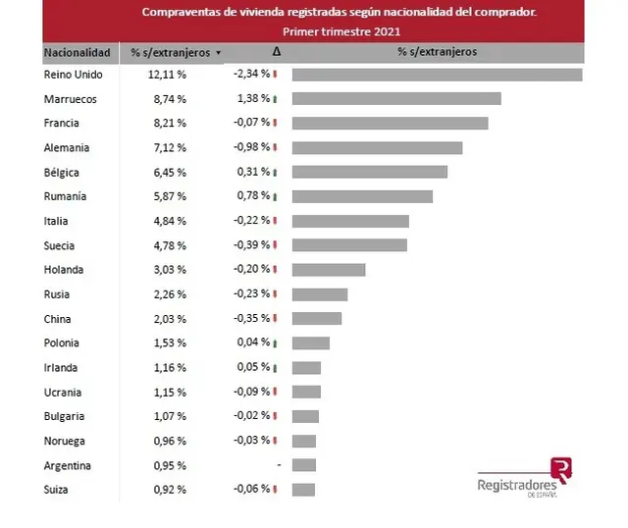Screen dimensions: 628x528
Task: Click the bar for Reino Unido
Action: coord(438,75)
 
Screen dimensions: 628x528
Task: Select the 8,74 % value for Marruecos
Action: coord(170,99)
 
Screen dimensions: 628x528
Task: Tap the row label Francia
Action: coord(61,123)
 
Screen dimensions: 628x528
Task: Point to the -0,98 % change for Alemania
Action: coord(251,147)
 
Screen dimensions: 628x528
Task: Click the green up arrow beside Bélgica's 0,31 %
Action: coord(275,173)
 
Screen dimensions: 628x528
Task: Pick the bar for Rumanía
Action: coord(362,196)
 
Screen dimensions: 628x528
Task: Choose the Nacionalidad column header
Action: coord(77,52)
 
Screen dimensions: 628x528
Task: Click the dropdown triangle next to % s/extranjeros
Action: coord(218,52)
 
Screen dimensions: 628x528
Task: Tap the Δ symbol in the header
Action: coord(277,51)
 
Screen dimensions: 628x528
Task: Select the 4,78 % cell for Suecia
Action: coord(170,245)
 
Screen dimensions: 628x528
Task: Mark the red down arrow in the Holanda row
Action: coord(275,270)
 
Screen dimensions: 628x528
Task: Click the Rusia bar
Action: coord(320,294)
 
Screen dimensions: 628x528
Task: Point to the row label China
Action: coord(57,319)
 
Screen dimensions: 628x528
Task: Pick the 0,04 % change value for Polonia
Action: coord(253,343)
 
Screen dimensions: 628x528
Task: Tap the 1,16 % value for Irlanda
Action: coord(170,368)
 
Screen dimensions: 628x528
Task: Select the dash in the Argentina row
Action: coord(279,465)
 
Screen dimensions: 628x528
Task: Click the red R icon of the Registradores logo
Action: coord(561,470)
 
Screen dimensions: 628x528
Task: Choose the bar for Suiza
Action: coord(303,490)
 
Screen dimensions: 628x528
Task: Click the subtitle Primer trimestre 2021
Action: coord(341,31)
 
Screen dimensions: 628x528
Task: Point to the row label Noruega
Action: coord(65,441)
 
